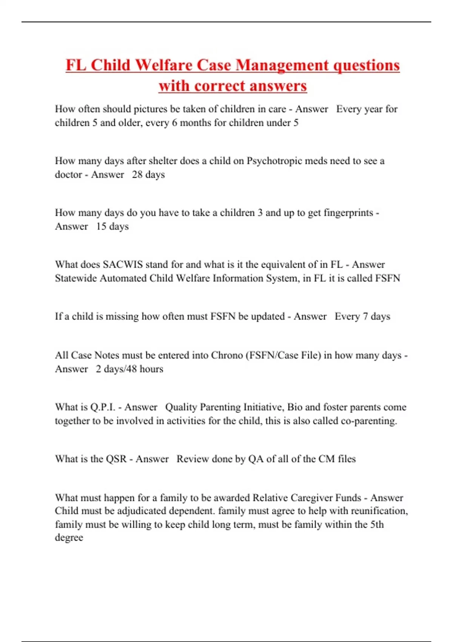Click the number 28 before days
coord(137,174)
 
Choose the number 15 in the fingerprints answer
coord(101,227)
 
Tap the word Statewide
coord(76,278)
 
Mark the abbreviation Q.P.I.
coord(103,407)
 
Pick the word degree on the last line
coord(69,538)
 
